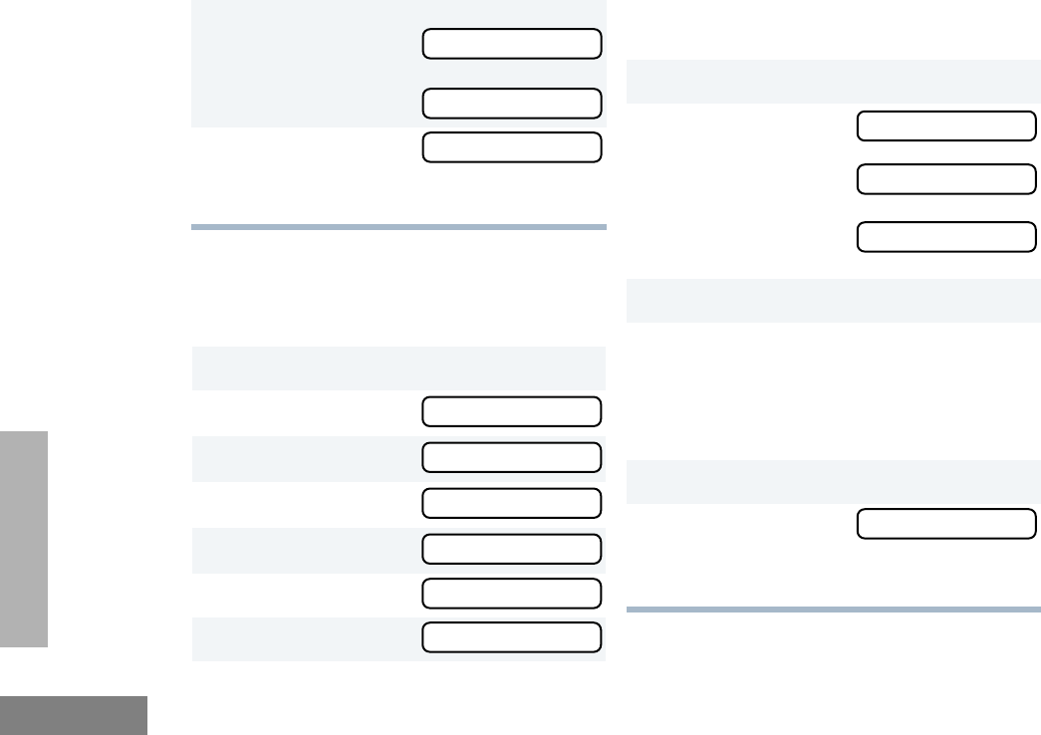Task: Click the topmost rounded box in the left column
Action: click(x=512, y=44)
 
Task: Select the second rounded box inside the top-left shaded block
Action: click(x=512, y=104)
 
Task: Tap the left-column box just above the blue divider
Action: click(x=512, y=146)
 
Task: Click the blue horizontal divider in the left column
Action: click(x=398, y=227)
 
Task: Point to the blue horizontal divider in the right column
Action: click(x=833, y=609)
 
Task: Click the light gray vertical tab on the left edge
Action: click(x=24, y=539)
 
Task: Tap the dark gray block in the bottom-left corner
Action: click(x=74, y=715)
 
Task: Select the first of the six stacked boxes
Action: click(x=512, y=411)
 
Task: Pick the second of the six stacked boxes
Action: click(x=512, y=457)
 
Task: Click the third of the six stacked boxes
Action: click(x=512, y=503)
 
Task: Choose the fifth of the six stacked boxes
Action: click(x=512, y=593)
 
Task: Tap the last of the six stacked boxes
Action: click(x=512, y=637)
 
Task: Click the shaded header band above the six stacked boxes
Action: click(x=398, y=367)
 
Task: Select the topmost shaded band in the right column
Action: click(x=833, y=81)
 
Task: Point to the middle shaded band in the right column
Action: click(x=833, y=301)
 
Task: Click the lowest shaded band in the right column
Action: click(x=833, y=481)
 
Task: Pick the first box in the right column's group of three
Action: click(x=946, y=126)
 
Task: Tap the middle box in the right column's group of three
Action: click(x=946, y=179)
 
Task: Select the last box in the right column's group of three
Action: click(x=946, y=237)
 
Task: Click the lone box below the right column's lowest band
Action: click(x=946, y=524)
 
